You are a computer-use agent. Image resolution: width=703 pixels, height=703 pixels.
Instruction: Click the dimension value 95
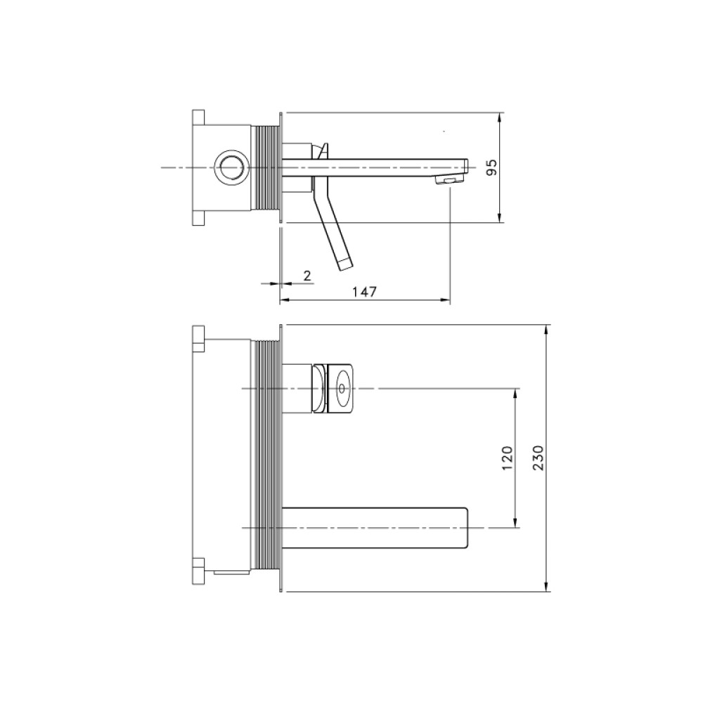point(492,167)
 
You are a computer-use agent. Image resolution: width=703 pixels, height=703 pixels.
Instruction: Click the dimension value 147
point(364,292)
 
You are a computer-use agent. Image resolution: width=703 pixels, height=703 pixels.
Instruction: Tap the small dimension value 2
point(307,276)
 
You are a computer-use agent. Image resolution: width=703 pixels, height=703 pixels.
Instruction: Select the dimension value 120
point(507,458)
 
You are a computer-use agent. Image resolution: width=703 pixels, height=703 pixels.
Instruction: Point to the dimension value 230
point(538,458)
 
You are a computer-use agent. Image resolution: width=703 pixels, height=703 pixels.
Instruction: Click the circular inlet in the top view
point(231,167)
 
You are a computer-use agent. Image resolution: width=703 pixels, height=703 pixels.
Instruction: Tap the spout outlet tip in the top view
point(449,180)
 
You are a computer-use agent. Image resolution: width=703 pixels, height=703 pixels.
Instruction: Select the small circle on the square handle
point(343,388)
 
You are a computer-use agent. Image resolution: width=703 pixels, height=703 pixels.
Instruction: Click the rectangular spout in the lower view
point(375,528)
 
